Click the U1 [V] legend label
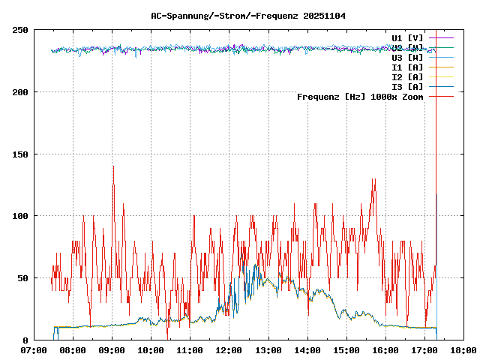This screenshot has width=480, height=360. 407,37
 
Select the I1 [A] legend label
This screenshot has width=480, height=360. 407,67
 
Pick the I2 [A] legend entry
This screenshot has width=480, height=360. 407,76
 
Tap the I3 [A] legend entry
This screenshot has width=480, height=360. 407,86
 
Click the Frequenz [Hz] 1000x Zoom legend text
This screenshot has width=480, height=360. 360,97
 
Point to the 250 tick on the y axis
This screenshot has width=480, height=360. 20,30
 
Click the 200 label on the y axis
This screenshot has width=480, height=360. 20,92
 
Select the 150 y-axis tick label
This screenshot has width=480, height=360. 20,154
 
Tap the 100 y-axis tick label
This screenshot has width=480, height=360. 20,216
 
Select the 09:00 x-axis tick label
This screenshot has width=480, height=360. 112,350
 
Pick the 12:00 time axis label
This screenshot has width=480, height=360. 229,350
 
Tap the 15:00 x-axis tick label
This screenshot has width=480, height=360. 346,350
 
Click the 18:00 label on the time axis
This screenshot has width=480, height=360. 463,350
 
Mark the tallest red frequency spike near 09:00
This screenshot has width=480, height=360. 113,167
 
